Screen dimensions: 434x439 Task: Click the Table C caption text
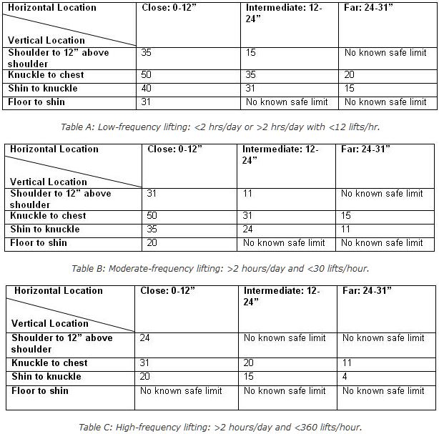[x=219, y=427]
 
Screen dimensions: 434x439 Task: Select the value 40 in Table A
[x=147, y=89]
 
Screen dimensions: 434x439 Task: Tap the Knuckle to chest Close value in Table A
[x=147, y=75]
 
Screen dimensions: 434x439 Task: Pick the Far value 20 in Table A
[x=350, y=75]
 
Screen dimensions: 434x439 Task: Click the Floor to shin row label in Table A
[x=37, y=102]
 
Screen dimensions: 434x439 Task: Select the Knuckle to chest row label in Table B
[x=46, y=216]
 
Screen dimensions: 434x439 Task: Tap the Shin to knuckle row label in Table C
[x=46, y=377]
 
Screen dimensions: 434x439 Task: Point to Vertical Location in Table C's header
[x=50, y=323]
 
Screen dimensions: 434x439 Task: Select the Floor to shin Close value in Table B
[x=152, y=243]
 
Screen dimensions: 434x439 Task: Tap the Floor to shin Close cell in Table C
[x=181, y=390]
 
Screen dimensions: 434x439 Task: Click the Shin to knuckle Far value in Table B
[x=345, y=230]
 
